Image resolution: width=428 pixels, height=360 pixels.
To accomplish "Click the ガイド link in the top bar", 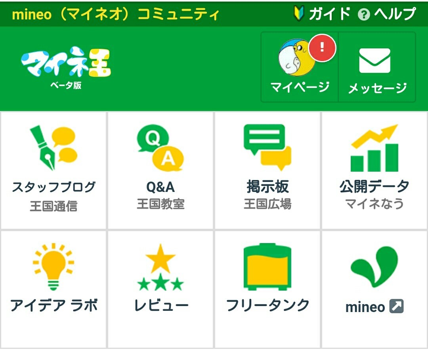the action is pos(329,13).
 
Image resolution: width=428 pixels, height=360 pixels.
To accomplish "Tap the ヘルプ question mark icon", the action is pos(363,15).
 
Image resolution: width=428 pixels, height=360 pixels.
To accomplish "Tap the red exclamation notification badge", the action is pos(322,48).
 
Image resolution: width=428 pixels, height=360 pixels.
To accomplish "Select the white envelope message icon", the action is pos(374,61).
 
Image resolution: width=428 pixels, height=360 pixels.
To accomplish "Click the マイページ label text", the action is pos(300,87).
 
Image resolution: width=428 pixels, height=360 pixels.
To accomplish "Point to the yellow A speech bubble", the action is pos(168,159).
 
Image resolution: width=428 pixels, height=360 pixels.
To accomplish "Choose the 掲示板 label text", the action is pos(267,187).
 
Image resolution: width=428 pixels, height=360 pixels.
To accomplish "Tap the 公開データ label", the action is pos(374,187).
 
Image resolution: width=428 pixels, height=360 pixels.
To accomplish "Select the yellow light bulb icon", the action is pos(53,266).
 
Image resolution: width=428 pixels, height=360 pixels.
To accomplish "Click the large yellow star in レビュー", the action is pos(160,259).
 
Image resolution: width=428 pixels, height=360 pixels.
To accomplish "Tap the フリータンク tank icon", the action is pos(267,266).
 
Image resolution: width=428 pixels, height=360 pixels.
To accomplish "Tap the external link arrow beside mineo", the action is pos(396,306).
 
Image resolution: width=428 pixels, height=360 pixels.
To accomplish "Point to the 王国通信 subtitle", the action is pos(53,206).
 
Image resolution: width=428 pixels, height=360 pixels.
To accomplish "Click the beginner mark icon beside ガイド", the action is pos(299,13).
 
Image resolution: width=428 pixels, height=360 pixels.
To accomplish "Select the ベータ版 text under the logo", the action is pos(66,85).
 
